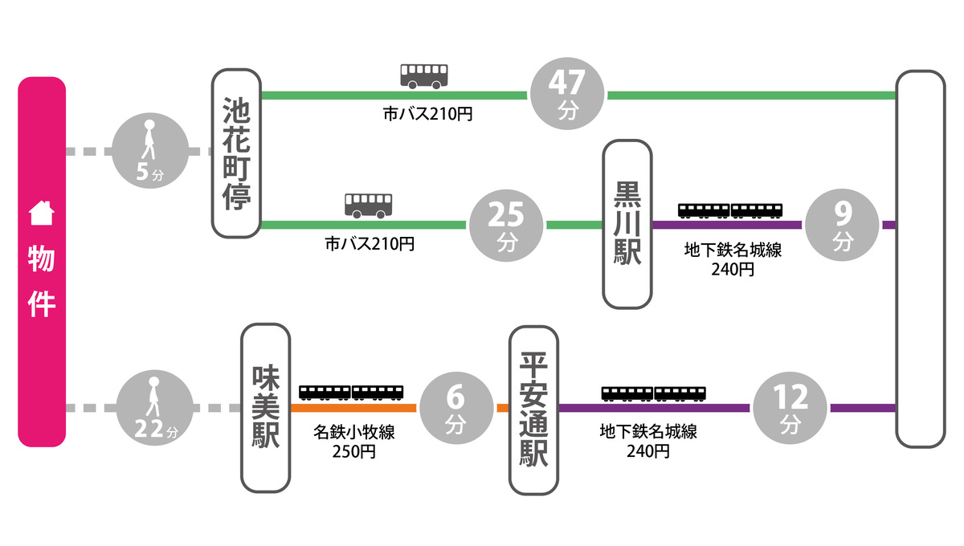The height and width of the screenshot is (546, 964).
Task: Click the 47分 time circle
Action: (x=568, y=96)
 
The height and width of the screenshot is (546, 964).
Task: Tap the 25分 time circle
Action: (x=507, y=226)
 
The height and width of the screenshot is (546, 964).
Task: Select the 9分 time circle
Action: (x=843, y=226)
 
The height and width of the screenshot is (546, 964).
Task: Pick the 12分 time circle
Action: (x=791, y=407)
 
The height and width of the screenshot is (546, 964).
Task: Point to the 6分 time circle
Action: (x=456, y=407)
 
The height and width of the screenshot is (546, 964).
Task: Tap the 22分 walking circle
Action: (x=155, y=409)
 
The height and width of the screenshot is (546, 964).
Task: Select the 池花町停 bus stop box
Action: (x=237, y=153)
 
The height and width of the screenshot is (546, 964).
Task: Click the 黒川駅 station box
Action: (x=627, y=224)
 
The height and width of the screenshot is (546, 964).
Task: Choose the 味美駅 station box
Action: (x=266, y=407)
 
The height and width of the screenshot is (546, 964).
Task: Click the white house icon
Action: (x=41, y=214)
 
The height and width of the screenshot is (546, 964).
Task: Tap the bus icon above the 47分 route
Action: (x=423, y=76)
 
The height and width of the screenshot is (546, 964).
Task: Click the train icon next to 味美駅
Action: (x=351, y=392)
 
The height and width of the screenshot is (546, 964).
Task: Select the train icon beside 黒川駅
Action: (x=730, y=210)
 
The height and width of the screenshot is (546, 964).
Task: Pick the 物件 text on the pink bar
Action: (x=41, y=281)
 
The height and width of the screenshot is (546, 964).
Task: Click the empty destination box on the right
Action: (x=920, y=257)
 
